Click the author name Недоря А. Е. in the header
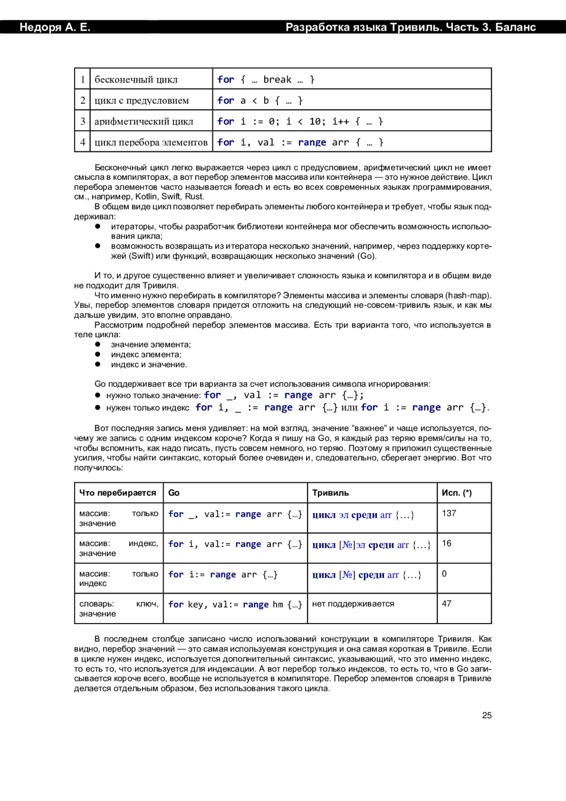tap(55, 27)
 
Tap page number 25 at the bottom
tap(487, 716)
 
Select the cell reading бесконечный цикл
tap(136, 80)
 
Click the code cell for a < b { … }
tap(260, 101)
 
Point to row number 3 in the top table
tap(83, 121)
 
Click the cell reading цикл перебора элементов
tap(151, 142)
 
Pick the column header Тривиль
tap(331, 493)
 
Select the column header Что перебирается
tap(117, 493)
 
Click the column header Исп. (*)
tap(456, 493)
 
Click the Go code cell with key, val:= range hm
tap(235, 605)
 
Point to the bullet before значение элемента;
tap(98, 345)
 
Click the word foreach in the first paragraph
tap(249, 187)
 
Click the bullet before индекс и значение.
tap(98, 364)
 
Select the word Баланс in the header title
tap(516, 27)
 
